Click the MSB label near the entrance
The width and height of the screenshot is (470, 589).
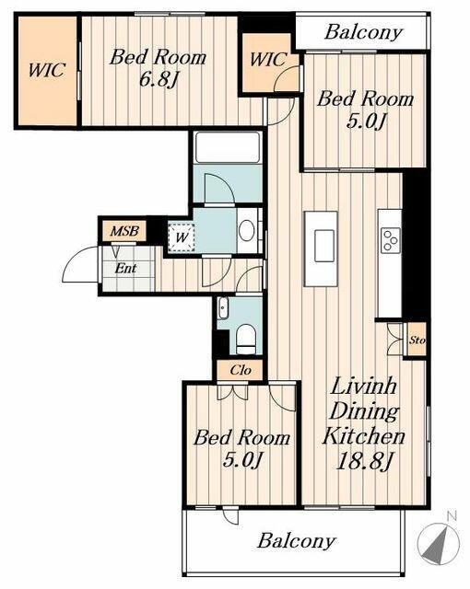[124, 231]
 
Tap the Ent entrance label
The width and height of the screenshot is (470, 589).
[126, 268]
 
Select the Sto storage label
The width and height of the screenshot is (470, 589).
[417, 341]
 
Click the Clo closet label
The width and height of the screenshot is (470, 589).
[241, 370]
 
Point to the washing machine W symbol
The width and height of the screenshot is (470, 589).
[182, 237]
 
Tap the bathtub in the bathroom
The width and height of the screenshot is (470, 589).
[228, 147]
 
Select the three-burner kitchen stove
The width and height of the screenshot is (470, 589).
[390, 240]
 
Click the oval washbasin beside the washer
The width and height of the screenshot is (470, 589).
[246, 230]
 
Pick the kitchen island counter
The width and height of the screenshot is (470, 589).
[321, 249]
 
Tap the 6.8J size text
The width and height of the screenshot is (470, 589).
[159, 79]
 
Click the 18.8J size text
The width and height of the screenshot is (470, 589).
[364, 461]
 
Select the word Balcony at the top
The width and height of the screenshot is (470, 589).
[363, 32]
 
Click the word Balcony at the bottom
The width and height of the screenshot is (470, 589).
[297, 541]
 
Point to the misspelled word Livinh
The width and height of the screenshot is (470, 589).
[364, 386]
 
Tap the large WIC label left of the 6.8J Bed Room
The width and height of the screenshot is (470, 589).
[47, 70]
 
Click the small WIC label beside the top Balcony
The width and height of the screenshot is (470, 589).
[268, 60]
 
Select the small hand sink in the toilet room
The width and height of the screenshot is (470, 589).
[223, 308]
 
